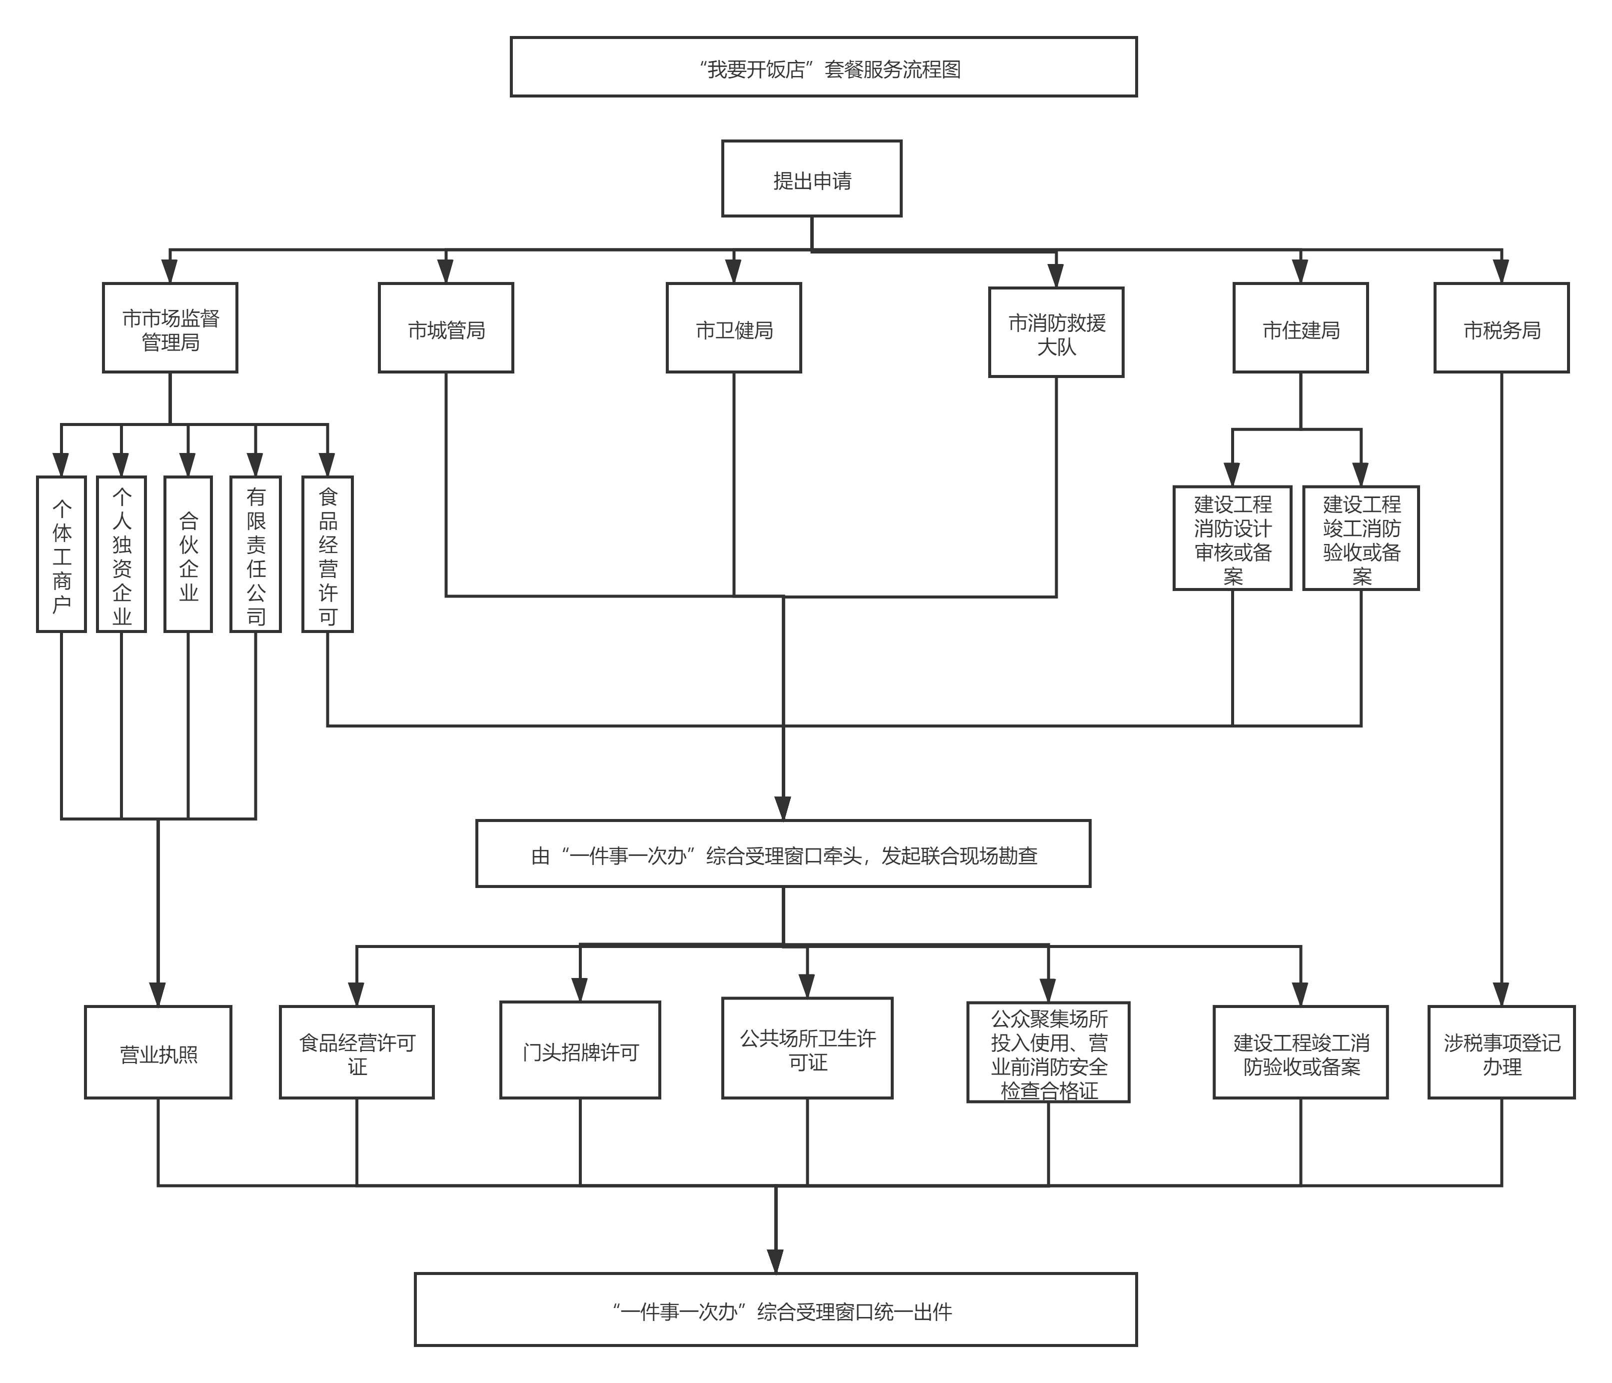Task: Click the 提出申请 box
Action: (811, 179)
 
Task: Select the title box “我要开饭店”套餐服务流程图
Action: (823, 67)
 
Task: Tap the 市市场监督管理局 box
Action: (169, 327)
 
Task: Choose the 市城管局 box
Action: (446, 327)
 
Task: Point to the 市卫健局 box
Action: (734, 327)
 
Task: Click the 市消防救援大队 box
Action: (1056, 332)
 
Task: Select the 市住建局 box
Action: (1300, 327)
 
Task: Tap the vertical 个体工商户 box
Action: (61, 554)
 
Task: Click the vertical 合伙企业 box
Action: (188, 554)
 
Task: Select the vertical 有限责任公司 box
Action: (255, 554)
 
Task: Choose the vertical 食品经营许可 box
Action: (327, 554)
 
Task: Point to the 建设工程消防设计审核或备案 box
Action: (1232, 538)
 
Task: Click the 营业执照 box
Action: (158, 1052)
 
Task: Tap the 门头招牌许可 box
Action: (580, 1050)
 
